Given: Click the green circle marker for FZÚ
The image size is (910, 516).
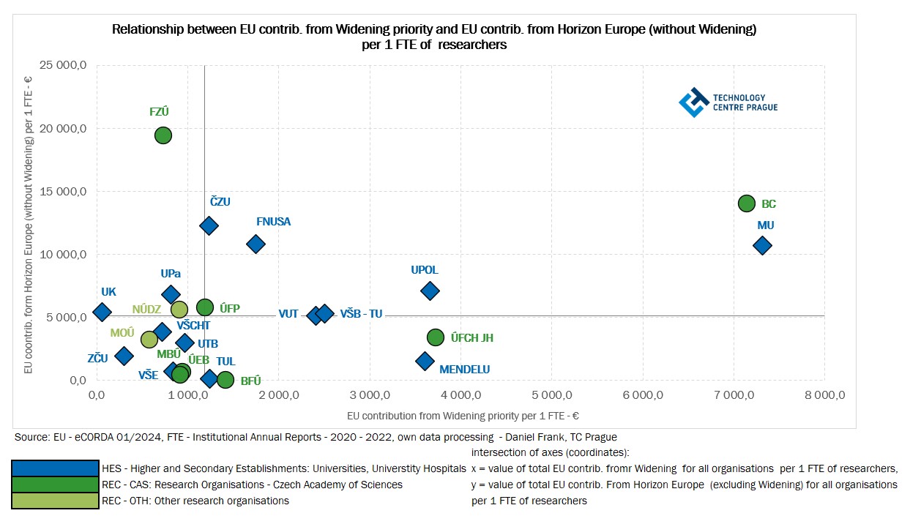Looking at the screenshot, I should tap(163, 135).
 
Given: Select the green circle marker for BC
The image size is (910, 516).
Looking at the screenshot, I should tap(747, 203).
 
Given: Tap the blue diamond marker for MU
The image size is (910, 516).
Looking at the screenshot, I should tap(762, 246).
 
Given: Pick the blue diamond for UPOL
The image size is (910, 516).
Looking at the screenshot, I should tap(430, 291).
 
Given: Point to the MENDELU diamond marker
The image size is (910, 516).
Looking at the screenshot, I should tap(425, 361).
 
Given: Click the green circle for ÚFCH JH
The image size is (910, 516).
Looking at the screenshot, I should tap(436, 337).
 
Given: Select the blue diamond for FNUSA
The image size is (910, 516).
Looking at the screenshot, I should tap(256, 244).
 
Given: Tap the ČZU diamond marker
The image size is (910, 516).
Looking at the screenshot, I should tap(209, 225).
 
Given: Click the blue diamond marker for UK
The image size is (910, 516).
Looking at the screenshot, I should tap(102, 312).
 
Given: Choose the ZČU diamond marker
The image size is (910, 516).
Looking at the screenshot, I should tap(124, 356).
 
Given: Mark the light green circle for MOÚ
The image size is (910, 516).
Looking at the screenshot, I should tap(149, 340).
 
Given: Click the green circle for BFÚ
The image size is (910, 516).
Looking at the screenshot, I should tap(225, 380).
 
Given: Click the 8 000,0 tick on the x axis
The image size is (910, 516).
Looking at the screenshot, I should tap(824, 395).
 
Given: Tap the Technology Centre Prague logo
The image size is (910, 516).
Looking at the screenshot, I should tap(728, 102).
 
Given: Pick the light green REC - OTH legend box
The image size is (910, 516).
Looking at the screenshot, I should tap(56, 501).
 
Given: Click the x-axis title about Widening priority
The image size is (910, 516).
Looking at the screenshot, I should tap(463, 416).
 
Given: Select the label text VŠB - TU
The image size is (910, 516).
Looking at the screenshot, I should tap(361, 314).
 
